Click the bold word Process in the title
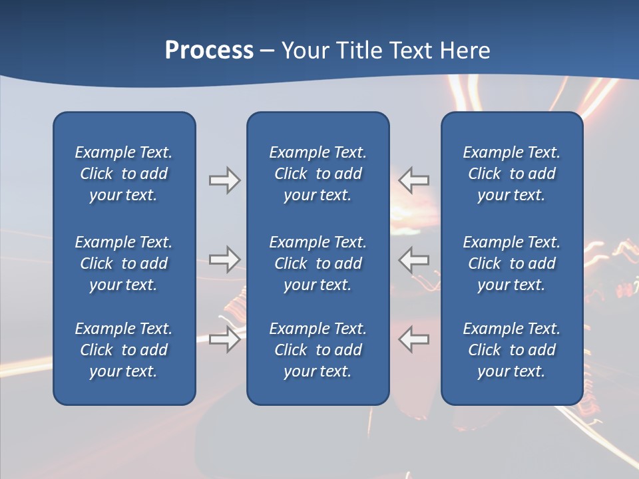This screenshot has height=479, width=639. pos(209,51)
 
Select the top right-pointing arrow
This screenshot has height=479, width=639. pos(225,180)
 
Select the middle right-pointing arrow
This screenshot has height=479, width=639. pos(225,259)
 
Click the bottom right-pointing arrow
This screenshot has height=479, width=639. pos(225,340)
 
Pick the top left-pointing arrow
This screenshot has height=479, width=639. pos(414,180)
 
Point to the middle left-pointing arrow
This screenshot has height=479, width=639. pos(414,259)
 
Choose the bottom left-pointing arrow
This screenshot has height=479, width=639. pos(414,340)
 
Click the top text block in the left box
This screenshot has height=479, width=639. pos(124,174)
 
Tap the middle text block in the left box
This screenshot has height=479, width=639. pos(124,263)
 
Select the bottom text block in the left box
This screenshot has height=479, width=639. pos(124,350)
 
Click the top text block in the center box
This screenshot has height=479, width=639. pos(318,174)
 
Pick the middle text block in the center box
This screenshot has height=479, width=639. pos(318,263)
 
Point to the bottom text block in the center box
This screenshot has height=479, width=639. pos(318,350)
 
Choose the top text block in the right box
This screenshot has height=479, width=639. pos(512,174)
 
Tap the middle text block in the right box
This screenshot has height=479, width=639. pos(512,263)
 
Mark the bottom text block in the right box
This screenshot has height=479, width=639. pos(512,350)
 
